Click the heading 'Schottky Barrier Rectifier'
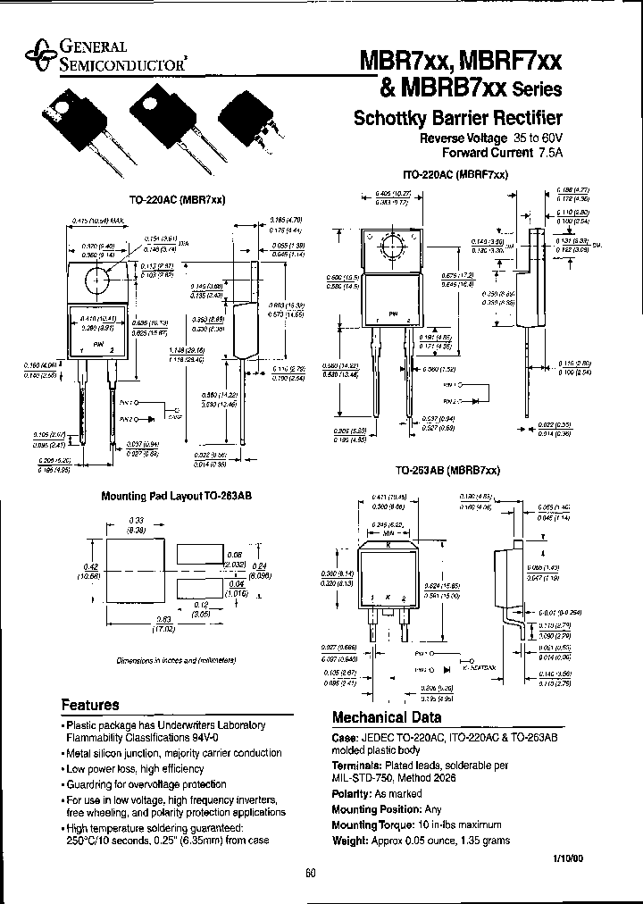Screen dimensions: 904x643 coord(458,119)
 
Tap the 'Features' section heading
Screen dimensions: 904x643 coord(89,704)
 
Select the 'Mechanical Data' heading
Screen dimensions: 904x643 coord(386,717)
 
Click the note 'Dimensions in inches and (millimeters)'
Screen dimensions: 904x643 coord(175,660)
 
